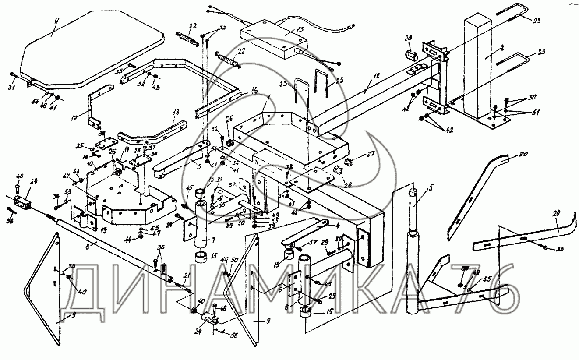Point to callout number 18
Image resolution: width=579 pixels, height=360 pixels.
[x=176, y=113]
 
